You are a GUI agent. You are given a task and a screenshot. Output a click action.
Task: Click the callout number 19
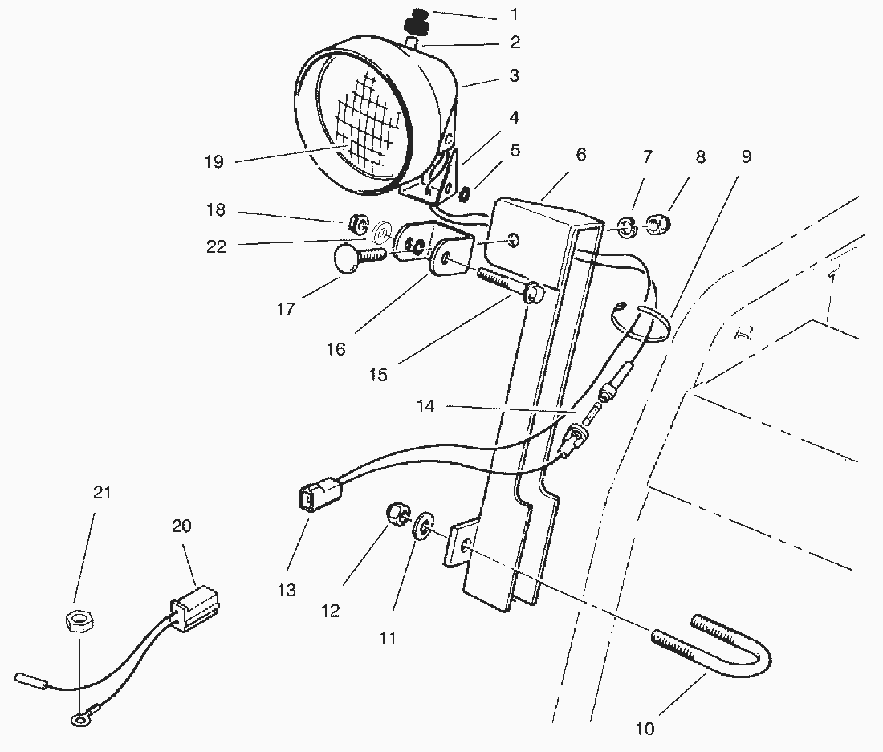click(x=213, y=162)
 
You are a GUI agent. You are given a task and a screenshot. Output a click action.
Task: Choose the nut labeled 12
click(x=398, y=514)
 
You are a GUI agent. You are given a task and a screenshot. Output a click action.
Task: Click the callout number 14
click(x=425, y=407)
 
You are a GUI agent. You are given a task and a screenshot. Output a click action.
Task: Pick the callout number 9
click(x=746, y=157)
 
